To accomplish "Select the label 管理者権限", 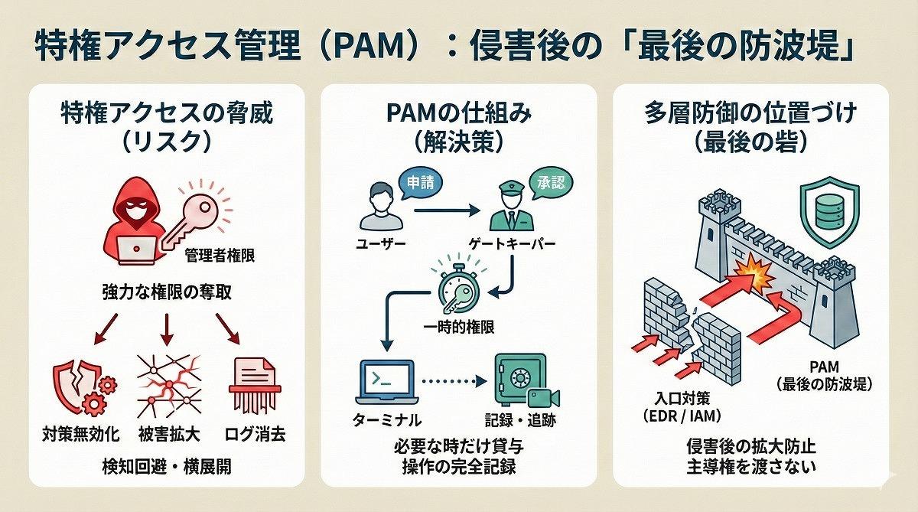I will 220,256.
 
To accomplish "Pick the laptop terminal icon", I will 386,383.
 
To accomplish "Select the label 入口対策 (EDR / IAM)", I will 673,405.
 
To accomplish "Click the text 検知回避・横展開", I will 166,465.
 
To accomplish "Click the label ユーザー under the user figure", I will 380,244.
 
